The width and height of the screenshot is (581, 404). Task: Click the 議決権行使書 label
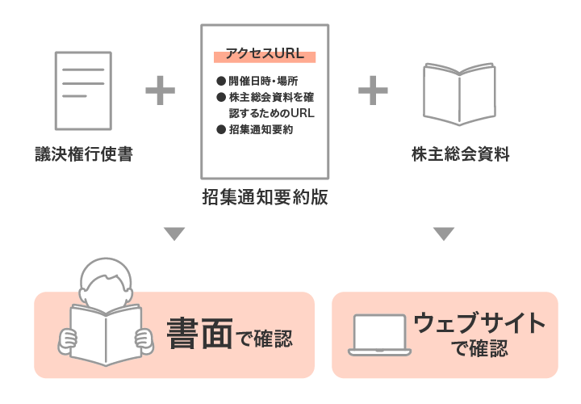click(84, 154)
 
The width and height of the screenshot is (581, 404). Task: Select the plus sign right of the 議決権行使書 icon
click(160, 90)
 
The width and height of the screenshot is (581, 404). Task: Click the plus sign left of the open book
click(373, 90)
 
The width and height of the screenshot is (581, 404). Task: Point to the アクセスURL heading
click(265, 53)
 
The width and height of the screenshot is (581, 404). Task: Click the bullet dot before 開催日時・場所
click(221, 81)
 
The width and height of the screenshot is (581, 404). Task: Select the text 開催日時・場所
click(263, 81)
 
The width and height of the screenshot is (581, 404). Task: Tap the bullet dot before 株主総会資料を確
click(221, 97)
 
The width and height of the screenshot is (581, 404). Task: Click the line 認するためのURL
click(272, 113)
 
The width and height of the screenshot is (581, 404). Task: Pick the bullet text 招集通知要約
click(261, 129)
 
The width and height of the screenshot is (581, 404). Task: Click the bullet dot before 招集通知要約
click(221, 129)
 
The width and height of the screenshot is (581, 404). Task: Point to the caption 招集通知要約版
click(265, 197)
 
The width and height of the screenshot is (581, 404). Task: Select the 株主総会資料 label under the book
click(461, 154)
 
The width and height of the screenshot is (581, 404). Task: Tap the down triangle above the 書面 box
click(174, 234)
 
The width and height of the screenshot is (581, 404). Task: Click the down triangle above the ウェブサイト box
click(444, 234)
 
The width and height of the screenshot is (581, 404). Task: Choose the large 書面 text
click(200, 333)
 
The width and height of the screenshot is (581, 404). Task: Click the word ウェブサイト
click(479, 322)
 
